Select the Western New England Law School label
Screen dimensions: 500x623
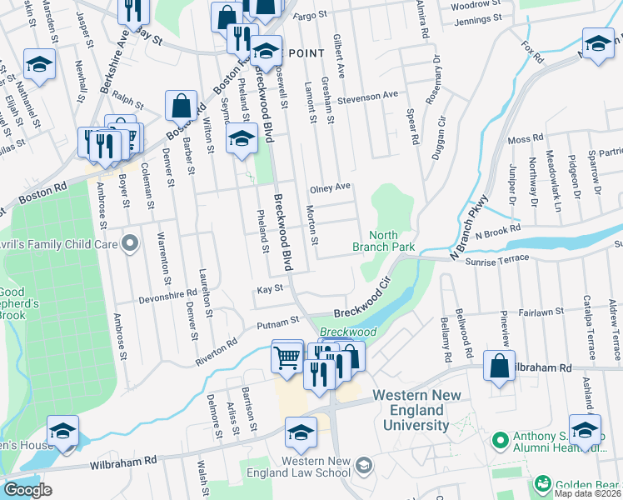tap(316, 467)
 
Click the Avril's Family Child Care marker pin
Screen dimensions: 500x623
tap(129, 243)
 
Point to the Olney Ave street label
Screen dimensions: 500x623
tap(330, 188)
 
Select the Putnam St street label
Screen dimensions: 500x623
tap(277, 320)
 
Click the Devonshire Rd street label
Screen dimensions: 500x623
tap(167, 294)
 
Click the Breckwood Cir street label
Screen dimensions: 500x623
tap(363, 302)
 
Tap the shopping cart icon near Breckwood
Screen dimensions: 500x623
tap(287, 357)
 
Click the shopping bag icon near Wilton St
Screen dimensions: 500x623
tap(181, 106)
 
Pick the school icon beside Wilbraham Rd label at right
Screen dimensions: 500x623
tap(584, 430)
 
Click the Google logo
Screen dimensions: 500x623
tap(27, 490)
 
